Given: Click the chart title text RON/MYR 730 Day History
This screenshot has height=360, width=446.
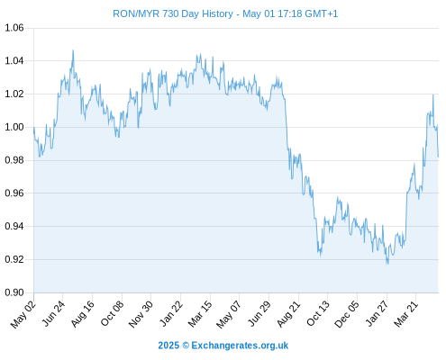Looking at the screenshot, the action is (x=173, y=13).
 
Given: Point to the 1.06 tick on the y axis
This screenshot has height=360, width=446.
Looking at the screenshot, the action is (x=14, y=28).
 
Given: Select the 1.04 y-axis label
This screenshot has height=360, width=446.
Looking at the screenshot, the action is (x=14, y=61).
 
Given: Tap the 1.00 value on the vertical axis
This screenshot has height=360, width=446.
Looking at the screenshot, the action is (x=14, y=127).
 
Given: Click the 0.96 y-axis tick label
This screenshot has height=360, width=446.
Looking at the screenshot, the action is (x=14, y=193).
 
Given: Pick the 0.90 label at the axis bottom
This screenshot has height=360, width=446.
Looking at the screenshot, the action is (x=14, y=292).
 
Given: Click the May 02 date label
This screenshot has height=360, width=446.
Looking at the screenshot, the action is (x=23, y=314).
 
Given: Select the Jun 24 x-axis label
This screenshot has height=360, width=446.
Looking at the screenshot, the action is (x=53, y=313).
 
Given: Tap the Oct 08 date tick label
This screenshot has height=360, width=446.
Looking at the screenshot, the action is (x=113, y=313).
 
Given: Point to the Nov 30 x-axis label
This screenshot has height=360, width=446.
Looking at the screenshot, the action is (x=141, y=314).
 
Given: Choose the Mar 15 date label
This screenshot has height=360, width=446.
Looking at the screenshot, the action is (x=200, y=313).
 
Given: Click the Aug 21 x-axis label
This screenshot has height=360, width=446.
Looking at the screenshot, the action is (x=289, y=313).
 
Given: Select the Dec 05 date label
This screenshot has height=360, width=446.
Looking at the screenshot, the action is (x=347, y=314).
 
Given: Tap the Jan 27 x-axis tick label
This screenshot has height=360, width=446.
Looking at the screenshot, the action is (x=378, y=313).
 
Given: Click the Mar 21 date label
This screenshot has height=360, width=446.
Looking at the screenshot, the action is (x=406, y=313).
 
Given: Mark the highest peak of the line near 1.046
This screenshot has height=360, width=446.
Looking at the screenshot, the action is (x=73, y=50).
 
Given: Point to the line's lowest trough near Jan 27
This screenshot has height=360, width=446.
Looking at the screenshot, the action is (x=387, y=264).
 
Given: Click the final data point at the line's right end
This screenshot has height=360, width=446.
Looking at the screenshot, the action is (x=438, y=157).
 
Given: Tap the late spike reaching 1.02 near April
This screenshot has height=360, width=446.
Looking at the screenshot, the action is (x=433, y=94).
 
